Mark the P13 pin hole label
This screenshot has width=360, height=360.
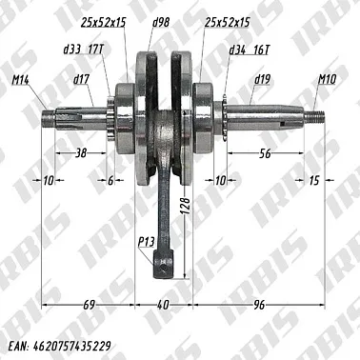pos(146,242)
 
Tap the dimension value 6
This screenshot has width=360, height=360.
pos(110,180)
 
